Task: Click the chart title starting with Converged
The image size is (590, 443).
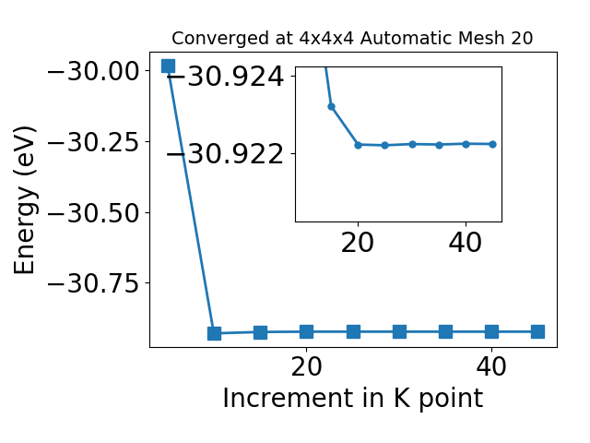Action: (352, 38)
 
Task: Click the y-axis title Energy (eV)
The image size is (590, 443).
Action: (25, 200)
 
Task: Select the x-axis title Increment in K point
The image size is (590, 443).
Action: (353, 399)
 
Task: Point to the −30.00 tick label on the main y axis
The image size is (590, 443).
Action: (93, 70)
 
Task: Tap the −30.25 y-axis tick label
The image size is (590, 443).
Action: (93, 142)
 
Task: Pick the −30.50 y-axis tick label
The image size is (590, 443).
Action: (93, 213)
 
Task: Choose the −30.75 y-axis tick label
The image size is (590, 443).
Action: (93, 283)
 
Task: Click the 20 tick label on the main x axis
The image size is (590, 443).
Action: (307, 366)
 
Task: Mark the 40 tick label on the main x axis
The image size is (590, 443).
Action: (491, 366)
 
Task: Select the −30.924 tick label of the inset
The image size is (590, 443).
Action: (225, 77)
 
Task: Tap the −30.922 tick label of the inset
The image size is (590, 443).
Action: (225, 154)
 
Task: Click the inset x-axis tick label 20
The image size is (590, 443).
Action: (358, 243)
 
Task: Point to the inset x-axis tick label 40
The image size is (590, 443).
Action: (466, 243)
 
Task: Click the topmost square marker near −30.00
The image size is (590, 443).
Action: (168, 66)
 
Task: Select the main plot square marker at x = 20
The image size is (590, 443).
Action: (307, 332)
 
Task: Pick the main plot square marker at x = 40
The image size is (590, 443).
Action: (491, 332)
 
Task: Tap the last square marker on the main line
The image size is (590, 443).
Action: (537, 332)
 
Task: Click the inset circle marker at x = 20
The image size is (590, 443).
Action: (358, 145)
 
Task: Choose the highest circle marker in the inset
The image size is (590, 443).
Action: (331, 107)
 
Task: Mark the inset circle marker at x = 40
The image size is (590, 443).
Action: (466, 144)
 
